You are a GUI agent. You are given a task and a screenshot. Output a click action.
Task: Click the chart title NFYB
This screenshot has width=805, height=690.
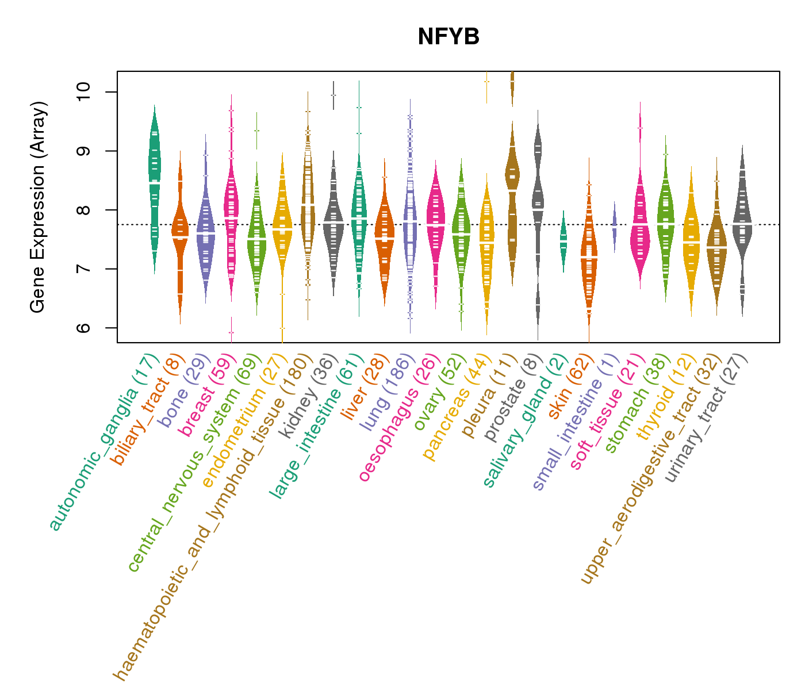448,37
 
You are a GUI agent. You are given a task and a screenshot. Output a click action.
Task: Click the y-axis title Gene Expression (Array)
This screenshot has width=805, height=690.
38,207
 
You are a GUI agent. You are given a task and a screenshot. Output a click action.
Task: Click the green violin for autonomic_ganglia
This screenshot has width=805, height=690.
154,184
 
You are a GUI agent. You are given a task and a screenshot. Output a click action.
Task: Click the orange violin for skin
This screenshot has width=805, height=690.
588,259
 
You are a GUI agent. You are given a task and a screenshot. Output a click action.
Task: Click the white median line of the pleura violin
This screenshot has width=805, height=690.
512,190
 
